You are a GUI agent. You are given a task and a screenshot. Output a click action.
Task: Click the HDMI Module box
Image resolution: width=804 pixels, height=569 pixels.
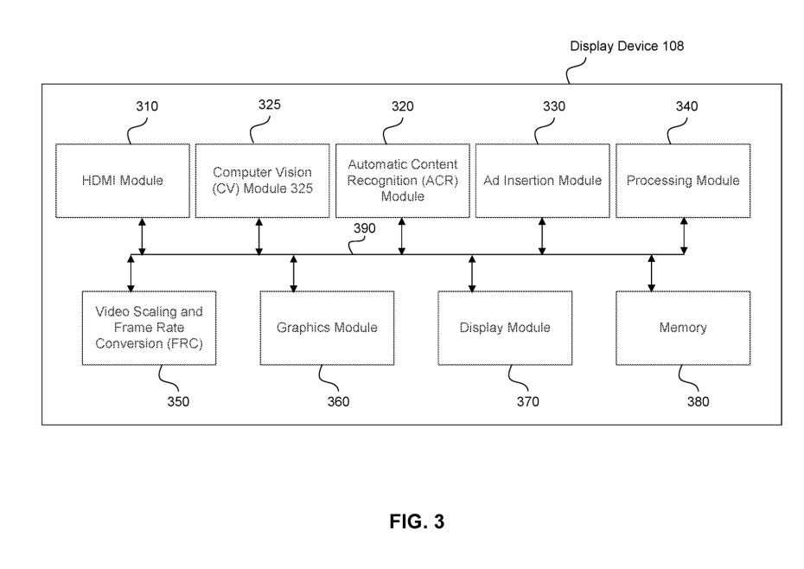pos(123,181)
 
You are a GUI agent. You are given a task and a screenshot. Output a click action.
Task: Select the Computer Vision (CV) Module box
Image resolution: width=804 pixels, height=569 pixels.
pos(263,181)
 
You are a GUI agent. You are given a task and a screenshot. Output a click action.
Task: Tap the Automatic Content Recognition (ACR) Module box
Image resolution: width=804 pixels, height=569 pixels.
pos(403,180)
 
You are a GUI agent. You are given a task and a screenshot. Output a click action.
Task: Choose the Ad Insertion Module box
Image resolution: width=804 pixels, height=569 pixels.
pos(542,181)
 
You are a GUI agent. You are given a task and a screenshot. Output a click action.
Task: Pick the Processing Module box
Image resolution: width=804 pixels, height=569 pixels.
pos(683,181)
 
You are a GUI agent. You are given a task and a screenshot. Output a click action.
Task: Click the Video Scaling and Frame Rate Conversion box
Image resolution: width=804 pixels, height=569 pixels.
pos(148,328)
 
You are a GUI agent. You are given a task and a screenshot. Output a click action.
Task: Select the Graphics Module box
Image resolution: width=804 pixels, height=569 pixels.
pos(327,328)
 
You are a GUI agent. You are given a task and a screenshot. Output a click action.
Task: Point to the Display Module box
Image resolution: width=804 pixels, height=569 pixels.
pos(505,328)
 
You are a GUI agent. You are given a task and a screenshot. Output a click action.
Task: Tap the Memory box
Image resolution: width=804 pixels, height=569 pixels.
pos(683,328)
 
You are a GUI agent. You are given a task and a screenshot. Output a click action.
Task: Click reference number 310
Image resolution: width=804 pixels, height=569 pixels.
pos(147,106)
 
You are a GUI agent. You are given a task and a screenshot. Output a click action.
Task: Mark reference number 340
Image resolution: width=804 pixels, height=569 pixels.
pos(686,106)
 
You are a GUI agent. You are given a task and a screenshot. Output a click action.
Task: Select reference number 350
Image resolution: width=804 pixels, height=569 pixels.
pos(177,401)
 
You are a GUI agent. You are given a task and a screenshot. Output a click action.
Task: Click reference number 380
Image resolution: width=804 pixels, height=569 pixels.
pos(696,401)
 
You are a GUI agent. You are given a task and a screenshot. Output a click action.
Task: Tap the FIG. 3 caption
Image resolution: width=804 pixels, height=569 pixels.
pos(415,522)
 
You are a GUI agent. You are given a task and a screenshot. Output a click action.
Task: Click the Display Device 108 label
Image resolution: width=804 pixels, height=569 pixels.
pos(627,47)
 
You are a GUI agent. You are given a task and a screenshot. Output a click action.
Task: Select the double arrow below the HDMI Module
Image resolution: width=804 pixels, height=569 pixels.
pos(143,236)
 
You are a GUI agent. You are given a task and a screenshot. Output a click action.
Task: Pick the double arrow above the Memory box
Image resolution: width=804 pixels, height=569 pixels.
pos(652,273)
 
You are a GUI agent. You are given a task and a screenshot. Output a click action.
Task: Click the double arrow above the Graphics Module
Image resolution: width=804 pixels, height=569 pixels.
pos(294,273)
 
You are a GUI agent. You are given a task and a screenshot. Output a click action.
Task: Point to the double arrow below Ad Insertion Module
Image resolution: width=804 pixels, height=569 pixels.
pos(542,236)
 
